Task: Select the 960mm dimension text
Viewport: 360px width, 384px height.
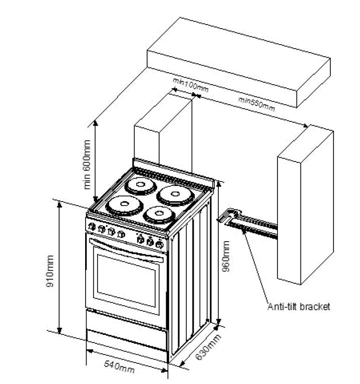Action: coord(226,256)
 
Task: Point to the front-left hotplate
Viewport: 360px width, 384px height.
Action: coord(120,204)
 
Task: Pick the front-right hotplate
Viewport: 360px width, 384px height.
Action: coord(158,215)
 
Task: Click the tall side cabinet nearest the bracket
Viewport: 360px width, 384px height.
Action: coord(304,206)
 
